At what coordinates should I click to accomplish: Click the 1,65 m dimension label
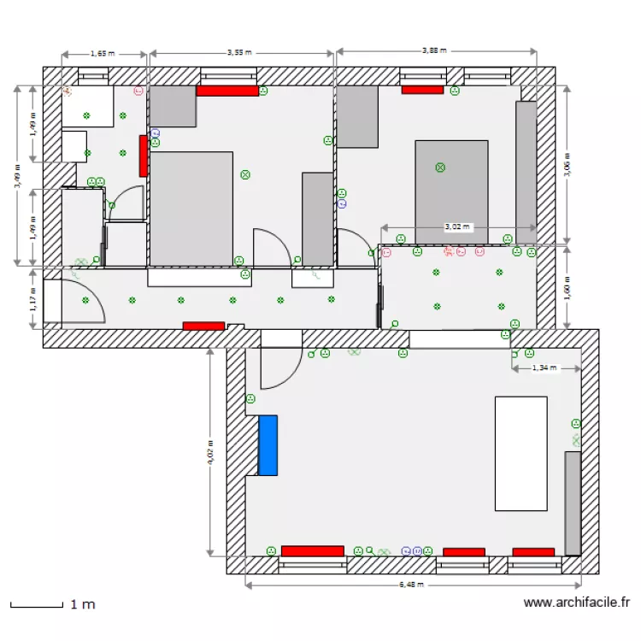[x=100, y=53]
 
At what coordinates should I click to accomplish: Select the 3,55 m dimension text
[x=239, y=52]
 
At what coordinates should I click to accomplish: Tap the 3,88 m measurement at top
[x=434, y=50]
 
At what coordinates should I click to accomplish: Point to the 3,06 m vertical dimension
[x=568, y=163]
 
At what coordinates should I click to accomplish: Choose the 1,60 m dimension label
[x=568, y=288]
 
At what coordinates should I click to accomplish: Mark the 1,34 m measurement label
[x=544, y=368]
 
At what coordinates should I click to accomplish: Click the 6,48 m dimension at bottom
[x=412, y=585]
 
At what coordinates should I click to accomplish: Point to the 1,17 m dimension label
[x=32, y=298]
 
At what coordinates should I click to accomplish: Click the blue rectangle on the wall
[x=268, y=444]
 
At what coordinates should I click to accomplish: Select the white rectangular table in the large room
[x=520, y=453]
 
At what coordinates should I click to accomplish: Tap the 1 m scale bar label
[x=82, y=604]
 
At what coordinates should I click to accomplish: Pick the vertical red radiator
[x=144, y=156]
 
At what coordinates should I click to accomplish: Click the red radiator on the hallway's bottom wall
[x=203, y=326]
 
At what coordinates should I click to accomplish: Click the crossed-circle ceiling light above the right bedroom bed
[x=440, y=168]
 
